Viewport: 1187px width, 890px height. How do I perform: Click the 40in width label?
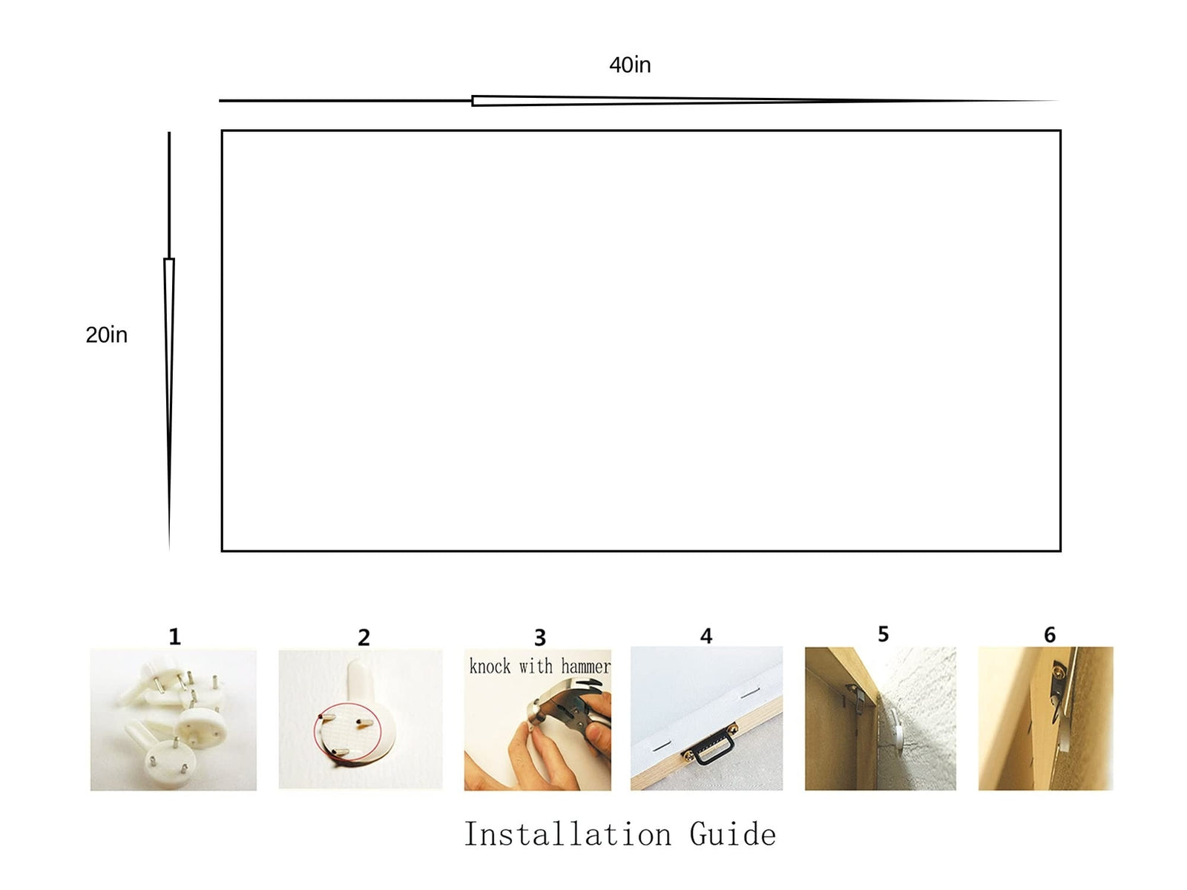pos(629,65)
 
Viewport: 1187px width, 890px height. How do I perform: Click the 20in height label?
pos(107,334)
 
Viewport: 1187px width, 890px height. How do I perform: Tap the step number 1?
pos(174,636)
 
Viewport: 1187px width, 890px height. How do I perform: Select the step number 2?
pos(364,638)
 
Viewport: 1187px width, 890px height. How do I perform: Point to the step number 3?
pos(539,638)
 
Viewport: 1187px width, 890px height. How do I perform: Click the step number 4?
pos(706,636)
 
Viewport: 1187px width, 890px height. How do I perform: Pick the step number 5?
pos(883,634)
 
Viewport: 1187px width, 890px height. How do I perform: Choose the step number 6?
pos(1050,634)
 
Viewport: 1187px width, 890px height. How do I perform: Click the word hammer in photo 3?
pos(585,666)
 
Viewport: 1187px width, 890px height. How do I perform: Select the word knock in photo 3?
pos(490,666)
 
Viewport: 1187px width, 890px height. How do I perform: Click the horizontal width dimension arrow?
pos(638,101)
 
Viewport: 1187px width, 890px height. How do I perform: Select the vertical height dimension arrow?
pos(169,341)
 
